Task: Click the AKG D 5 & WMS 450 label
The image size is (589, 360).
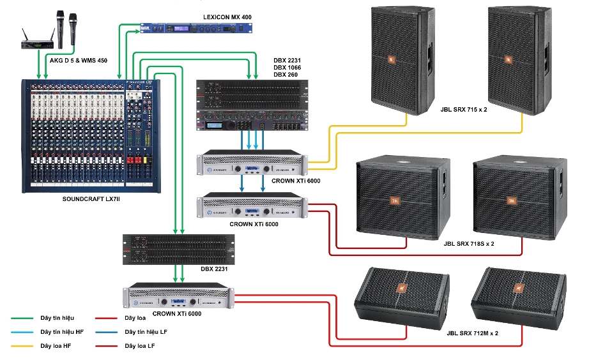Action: click(x=78, y=61)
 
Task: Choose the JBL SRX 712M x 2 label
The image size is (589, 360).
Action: click(x=466, y=333)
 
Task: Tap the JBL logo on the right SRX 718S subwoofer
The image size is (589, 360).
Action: click(x=511, y=201)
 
